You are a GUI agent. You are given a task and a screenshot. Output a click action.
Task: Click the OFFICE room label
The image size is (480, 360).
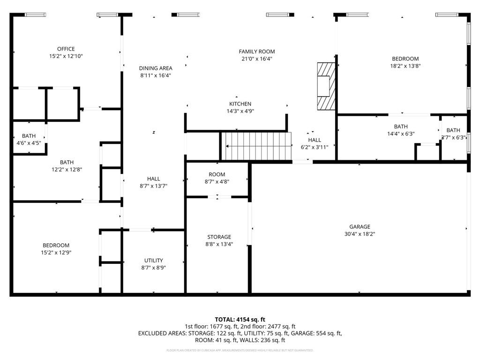pos(66,49)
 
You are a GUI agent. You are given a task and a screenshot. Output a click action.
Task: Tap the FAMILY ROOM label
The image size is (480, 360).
pos(256,52)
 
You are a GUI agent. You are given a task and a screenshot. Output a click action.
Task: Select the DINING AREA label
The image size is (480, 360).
pos(156,68)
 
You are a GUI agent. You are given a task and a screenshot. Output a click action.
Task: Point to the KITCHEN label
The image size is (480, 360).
pos(240,104)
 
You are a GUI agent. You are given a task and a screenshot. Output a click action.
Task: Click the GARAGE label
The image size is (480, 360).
pos(360,226)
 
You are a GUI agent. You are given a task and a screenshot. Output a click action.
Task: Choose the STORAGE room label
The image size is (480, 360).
pos(219,237)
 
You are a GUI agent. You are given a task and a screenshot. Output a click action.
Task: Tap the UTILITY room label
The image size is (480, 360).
pos(153,261)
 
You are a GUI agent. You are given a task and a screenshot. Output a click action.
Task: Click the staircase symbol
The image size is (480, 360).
pos(256,146)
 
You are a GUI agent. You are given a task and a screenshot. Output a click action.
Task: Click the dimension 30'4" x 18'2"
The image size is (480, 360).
pos(360,233)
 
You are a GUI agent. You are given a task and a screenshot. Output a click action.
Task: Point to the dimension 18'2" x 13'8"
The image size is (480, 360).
pos(405,66)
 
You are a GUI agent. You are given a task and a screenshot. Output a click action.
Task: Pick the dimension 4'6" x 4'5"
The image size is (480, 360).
pos(29,143)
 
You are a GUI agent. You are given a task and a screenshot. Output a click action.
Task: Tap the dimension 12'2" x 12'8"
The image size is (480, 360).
pos(67,170)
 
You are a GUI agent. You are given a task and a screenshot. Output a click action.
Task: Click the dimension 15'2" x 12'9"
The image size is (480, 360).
pos(56,252)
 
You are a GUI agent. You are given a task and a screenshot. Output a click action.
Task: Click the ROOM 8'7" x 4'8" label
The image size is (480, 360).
pos(217,178)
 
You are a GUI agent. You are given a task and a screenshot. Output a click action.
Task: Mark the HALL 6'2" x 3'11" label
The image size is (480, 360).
pos(315,143)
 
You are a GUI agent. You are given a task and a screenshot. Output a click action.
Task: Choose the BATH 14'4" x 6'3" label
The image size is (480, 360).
pos(401,130)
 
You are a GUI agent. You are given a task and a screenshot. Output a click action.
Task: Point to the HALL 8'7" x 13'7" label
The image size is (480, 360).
pos(153,182)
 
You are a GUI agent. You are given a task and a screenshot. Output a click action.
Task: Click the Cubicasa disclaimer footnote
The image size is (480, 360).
pos(240,350)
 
